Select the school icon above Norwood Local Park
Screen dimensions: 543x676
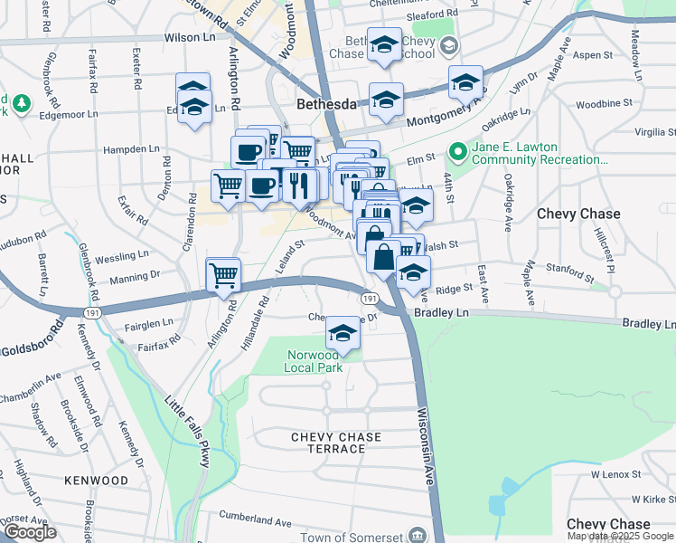[x=343, y=333]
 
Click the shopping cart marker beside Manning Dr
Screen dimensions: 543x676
[x=223, y=276]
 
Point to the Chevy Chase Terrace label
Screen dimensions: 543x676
[x=336, y=443]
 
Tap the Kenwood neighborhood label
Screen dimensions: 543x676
[x=96, y=480]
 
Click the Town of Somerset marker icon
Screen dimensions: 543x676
[x=417, y=535]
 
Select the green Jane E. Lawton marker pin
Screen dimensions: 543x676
[x=458, y=151]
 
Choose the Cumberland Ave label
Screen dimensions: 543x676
[x=258, y=522]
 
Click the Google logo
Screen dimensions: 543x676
[x=29, y=532]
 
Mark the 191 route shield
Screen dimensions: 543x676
[x=370, y=298]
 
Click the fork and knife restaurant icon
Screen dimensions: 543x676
[x=298, y=185]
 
